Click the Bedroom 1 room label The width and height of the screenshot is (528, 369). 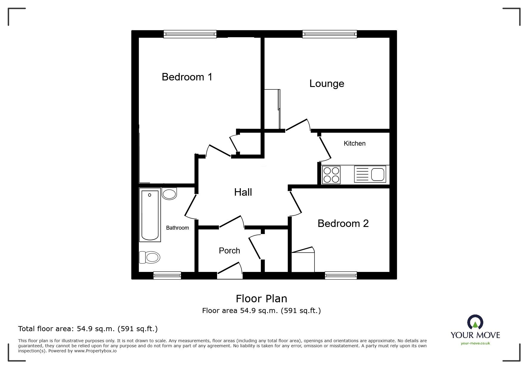click(x=187, y=77)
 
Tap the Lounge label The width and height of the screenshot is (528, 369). click(x=327, y=83)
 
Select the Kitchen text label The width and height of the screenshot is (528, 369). click(x=354, y=143)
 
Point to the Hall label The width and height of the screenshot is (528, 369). click(x=243, y=192)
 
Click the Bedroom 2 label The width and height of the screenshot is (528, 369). click(x=343, y=223)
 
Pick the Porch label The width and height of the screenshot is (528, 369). click(x=229, y=250)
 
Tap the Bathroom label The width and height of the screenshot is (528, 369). click(x=177, y=228)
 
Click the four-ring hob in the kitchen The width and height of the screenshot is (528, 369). click(x=331, y=175)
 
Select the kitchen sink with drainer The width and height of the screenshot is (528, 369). click(x=370, y=174)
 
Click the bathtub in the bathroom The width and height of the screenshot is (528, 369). click(x=150, y=215)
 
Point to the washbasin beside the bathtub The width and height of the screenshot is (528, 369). click(x=169, y=194)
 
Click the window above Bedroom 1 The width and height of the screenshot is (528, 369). click(x=190, y=34)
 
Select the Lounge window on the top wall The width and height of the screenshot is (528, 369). click(x=329, y=34)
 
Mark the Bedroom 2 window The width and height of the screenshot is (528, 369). click(x=341, y=275)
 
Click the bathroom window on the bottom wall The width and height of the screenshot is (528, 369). click(x=167, y=275)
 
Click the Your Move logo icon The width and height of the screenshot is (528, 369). click(x=475, y=322)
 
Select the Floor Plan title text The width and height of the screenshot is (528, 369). click(x=261, y=298)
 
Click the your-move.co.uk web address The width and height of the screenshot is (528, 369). click(x=475, y=343)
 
